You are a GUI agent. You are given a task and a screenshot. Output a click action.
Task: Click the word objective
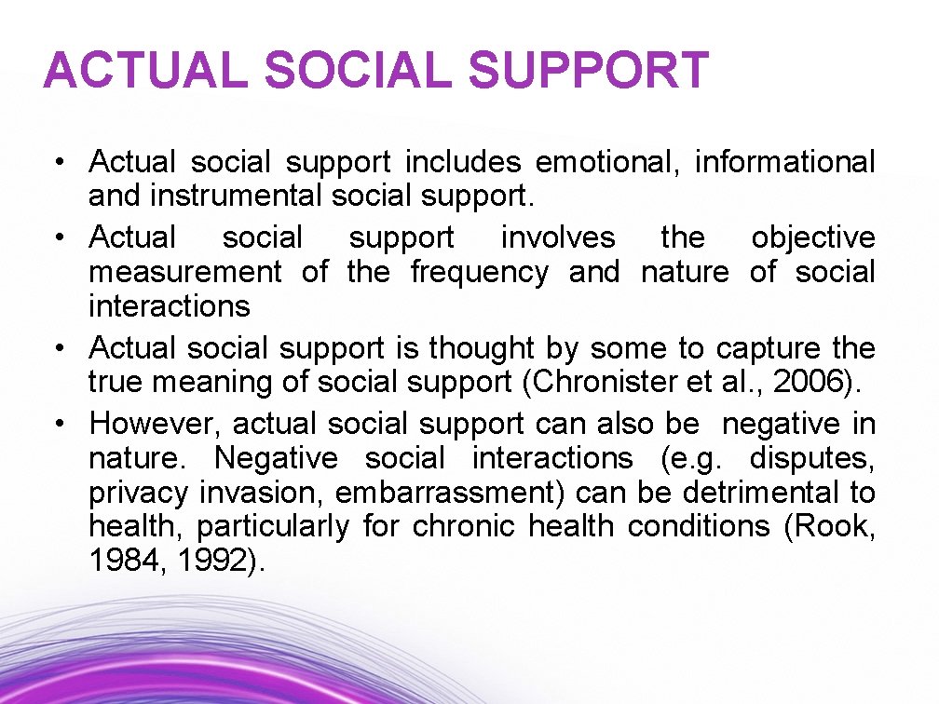813,237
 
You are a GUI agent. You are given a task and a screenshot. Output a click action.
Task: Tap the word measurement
184,272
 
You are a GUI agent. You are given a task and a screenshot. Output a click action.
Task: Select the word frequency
479,272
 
